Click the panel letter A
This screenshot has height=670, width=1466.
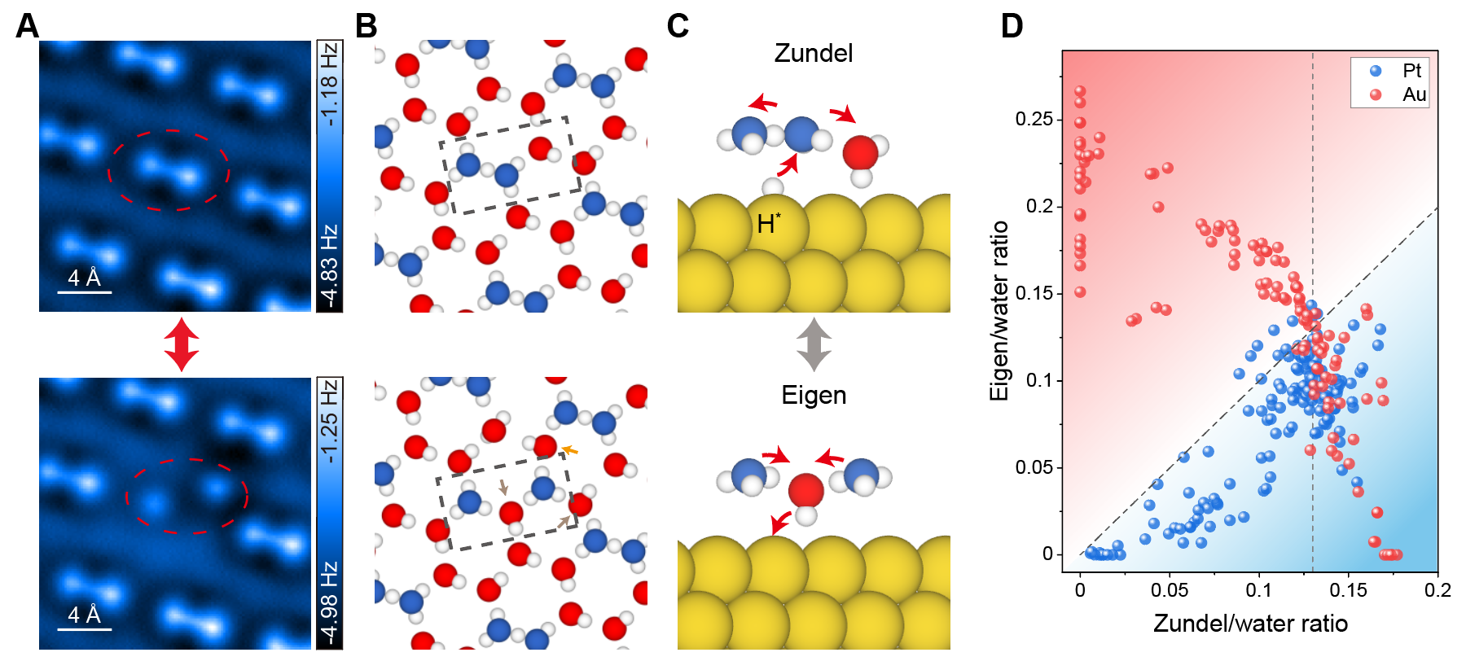[x=27, y=26]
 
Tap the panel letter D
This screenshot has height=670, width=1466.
[x=1012, y=26]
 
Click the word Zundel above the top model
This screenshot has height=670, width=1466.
[x=813, y=54]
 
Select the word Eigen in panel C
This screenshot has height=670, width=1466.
[x=814, y=396]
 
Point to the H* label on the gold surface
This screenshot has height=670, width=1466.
[x=768, y=224]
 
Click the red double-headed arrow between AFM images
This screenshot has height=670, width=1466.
[x=181, y=344]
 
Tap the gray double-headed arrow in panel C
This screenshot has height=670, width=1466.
[x=814, y=344]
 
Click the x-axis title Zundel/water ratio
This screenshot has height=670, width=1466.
[x=1250, y=624]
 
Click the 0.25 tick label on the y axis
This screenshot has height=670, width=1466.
[x=1034, y=120]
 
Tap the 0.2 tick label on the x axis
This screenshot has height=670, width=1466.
[x=1437, y=590]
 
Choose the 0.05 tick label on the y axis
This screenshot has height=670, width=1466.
[x=1034, y=467]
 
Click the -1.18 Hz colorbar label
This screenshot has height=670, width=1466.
[x=329, y=85]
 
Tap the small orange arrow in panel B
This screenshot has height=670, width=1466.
[x=569, y=449]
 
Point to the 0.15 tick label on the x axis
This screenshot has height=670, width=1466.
[x=1348, y=590]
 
